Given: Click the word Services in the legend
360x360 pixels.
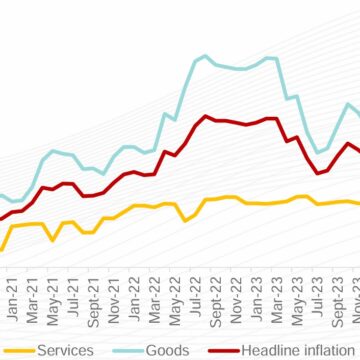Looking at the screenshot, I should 66,350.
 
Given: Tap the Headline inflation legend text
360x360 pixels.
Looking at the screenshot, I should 296,350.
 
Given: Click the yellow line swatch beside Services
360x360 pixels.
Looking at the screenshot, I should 19,350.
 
